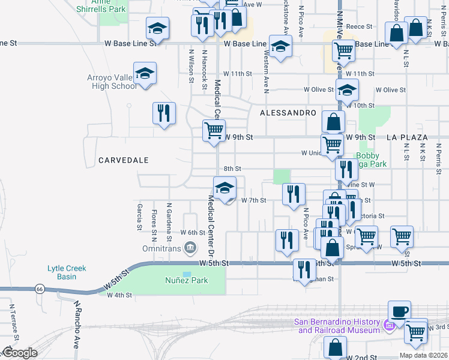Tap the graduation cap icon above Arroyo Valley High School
click(145, 73)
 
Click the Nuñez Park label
click(186, 280)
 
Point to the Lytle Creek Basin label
click(67, 272)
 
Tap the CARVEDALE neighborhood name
click(122, 160)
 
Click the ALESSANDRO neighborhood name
click(288, 113)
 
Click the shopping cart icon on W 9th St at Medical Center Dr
click(214, 130)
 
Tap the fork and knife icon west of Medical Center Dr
click(164, 112)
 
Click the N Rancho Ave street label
click(77, 324)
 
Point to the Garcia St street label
click(139, 217)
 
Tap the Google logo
click(19, 353)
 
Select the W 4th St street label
click(119, 295)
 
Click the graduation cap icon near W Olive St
click(346, 91)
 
